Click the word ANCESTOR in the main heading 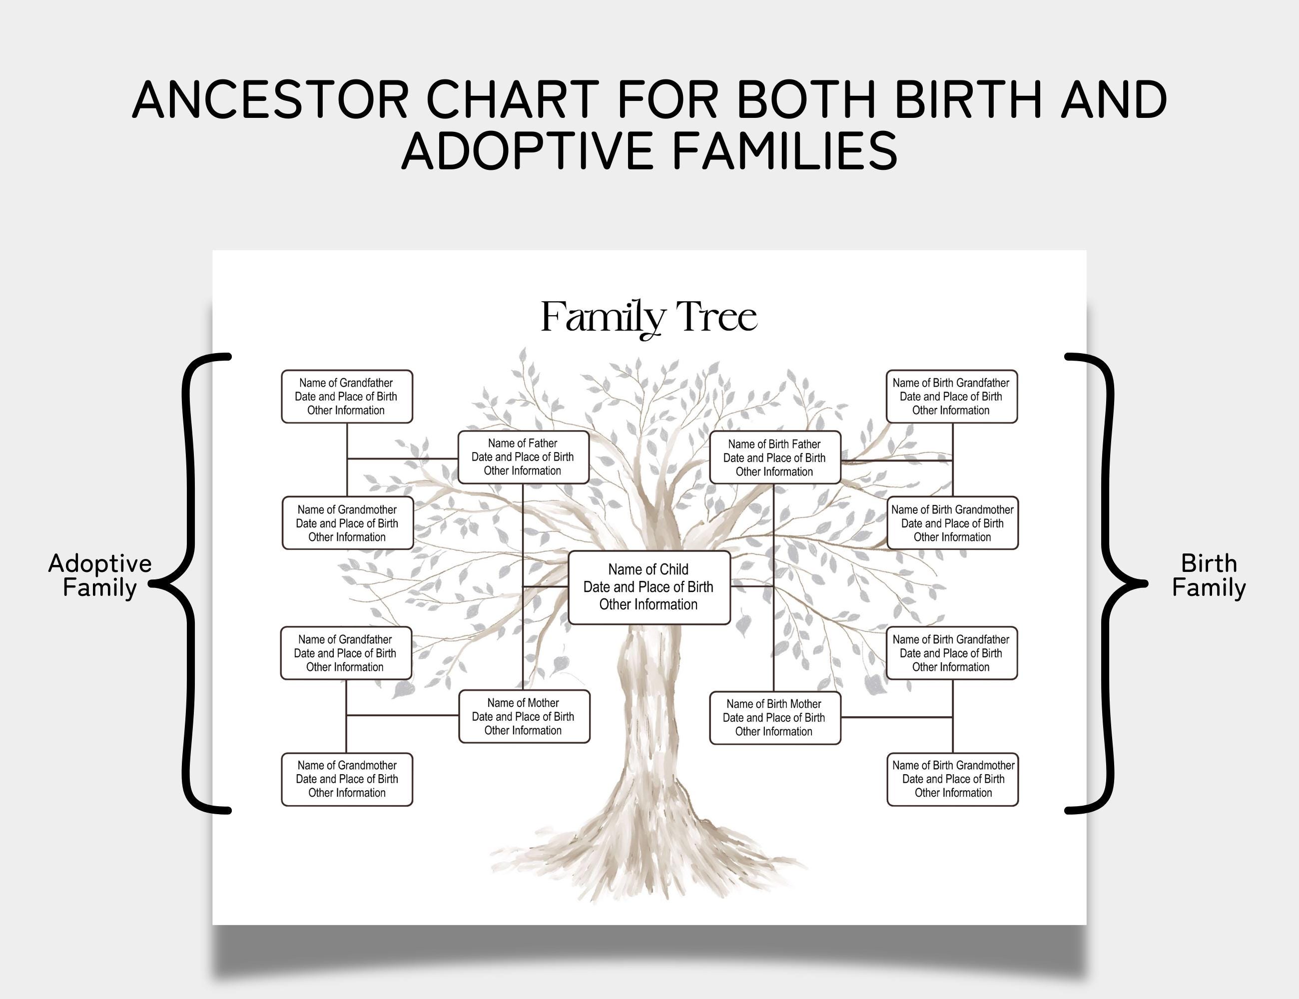(270, 99)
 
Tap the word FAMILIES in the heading (784, 151)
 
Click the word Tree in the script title (717, 317)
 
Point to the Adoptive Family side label (100, 575)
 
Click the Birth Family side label (1208, 575)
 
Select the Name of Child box (649, 587)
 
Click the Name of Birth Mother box (775, 718)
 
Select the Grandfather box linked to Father (347, 397)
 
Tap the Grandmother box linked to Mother (347, 780)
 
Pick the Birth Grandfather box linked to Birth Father (952, 397)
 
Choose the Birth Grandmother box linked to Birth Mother (953, 780)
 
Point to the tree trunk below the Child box (649, 714)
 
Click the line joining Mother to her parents (403, 715)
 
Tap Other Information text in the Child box (649, 605)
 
